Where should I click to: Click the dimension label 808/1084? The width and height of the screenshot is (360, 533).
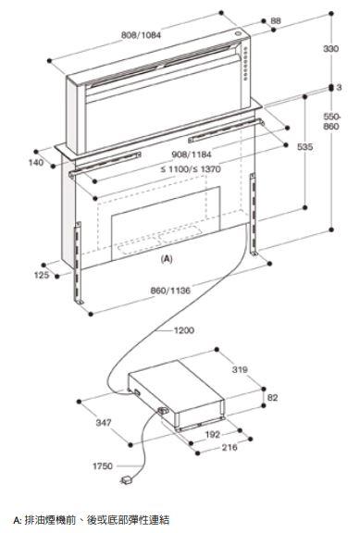141,34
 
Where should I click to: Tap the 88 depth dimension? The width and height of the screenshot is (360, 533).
276,20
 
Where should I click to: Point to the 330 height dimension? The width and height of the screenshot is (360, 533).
330,49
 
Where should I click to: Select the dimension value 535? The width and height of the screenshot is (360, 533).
304,147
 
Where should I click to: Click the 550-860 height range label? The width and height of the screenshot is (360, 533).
331,122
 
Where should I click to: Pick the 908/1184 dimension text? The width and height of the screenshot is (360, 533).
192,155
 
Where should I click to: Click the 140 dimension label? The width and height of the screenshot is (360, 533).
36,162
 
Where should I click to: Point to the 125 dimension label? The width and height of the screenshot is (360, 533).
42,275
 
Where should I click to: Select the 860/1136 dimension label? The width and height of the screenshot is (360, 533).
170,291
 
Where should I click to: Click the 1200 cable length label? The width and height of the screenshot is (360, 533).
184,330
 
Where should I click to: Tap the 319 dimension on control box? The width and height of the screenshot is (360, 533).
240,369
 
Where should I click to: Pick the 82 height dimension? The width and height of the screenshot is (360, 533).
273,397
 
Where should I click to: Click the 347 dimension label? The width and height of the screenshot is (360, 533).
104,423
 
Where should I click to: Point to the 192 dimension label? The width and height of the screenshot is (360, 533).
213,434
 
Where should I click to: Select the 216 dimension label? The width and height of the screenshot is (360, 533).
230,447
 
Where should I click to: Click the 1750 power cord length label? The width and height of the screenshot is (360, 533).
103,465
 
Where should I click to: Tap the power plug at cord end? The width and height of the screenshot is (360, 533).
127,480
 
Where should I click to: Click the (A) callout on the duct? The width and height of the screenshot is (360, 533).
167,259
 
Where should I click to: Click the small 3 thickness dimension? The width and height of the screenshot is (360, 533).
339,87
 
